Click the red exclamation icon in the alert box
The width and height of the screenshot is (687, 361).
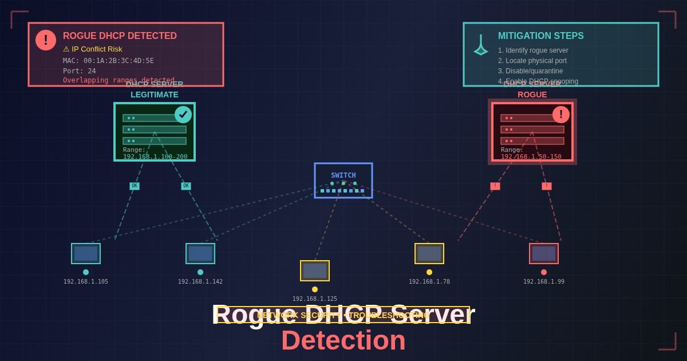(x=46, y=40)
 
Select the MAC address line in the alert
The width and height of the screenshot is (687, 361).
(x=108, y=61)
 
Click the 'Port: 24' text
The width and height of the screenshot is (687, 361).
(x=80, y=71)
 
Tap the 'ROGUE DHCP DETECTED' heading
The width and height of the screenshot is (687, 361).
(x=120, y=36)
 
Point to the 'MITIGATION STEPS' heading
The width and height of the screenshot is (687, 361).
(x=540, y=36)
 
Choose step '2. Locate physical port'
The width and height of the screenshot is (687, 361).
(x=532, y=61)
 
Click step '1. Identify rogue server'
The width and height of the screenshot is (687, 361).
(x=533, y=50)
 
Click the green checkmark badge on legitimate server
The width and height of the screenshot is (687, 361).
(x=183, y=115)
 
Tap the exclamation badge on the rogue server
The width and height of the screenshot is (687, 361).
(x=561, y=115)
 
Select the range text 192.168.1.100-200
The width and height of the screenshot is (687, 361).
(x=155, y=156)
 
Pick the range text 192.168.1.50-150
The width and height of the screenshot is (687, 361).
(x=531, y=156)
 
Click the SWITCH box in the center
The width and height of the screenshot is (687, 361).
(x=343, y=180)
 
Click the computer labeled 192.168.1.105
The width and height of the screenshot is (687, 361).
(x=86, y=253)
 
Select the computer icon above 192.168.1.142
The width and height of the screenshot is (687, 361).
(x=200, y=253)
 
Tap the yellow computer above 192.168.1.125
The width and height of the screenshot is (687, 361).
(x=315, y=270)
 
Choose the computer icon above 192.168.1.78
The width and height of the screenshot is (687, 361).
(x=429, y=253)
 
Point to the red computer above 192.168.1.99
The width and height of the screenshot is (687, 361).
(x=544, y=253)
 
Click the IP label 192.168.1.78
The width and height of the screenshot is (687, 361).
(x=429, y=281)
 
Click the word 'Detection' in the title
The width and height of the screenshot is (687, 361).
(x=343, y=340)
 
